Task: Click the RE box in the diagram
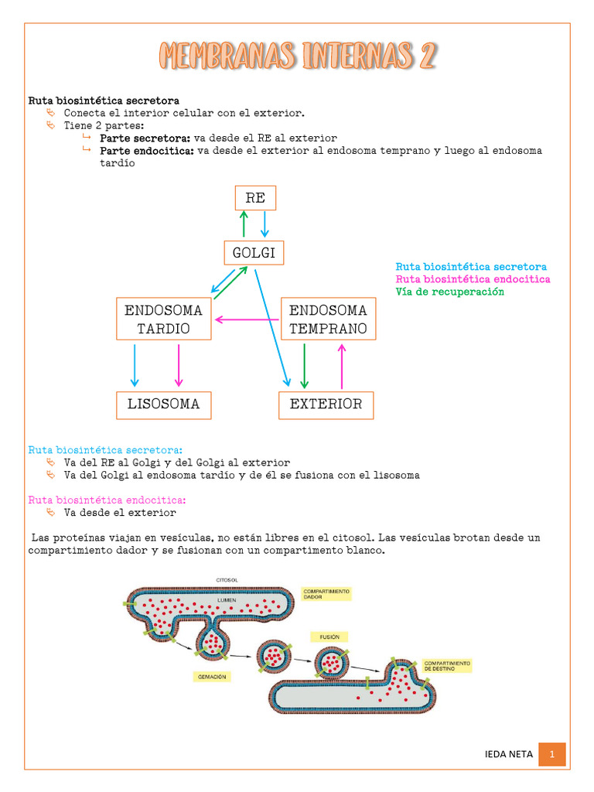255,198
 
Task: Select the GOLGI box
254,252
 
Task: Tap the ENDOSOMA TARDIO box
164,319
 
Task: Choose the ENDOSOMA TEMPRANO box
328,319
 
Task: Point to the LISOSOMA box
164,404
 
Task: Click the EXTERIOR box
326,404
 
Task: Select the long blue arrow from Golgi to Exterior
272,325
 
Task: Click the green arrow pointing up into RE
244,224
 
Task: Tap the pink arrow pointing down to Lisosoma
179,365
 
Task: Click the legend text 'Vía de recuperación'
449,292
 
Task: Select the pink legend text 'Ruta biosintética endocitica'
473,279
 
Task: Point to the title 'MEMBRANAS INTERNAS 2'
298,56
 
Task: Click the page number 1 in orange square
552,754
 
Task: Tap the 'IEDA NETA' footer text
508,754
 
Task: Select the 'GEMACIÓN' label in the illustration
212,675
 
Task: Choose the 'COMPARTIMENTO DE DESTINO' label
447,665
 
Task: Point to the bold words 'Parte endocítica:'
146,151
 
